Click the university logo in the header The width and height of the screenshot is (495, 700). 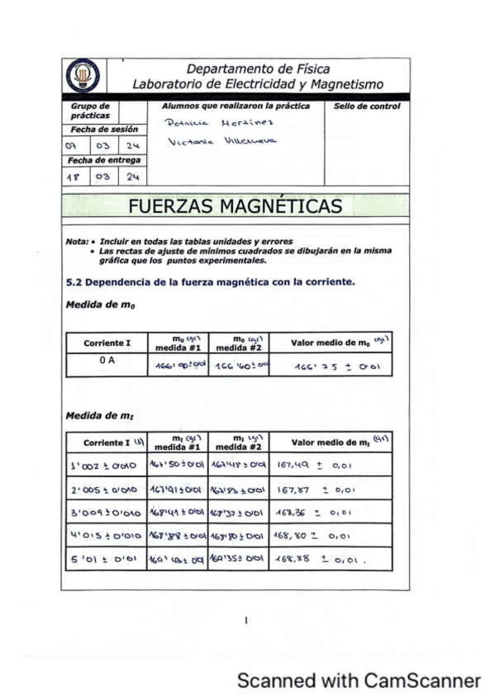point(81,76)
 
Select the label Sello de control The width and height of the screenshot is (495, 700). point(366,106)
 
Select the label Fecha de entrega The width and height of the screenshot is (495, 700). point(105,160)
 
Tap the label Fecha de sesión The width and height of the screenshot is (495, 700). point(104,130)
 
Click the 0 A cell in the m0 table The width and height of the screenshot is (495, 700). point(106,360)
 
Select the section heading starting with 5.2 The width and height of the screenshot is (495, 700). point(210,282)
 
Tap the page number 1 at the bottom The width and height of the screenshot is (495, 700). point(246,619)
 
